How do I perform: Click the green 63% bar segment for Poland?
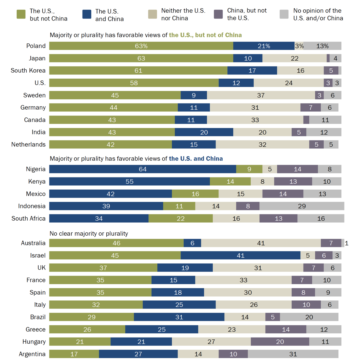(x=141, y=46)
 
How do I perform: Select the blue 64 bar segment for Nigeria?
(x=143, y=169)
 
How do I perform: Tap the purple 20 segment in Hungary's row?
(x=280, y=342)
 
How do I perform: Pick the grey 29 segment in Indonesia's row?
(x=302, y=206)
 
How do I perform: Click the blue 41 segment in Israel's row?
(x=240, y=255)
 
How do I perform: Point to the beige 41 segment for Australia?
(x=261, y=243)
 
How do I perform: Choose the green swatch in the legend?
(x=21, y=14)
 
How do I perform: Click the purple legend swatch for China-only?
(x=218, y=14)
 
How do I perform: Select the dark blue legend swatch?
(x=87, y=14)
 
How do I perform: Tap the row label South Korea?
(x=28, y=71)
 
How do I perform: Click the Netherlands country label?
(x=28, y=145)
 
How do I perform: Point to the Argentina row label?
(x=32, y=354)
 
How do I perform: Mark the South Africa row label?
(x=28, y=218)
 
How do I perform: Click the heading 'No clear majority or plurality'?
(x=89, y=234)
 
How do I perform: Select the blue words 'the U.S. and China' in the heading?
(x=196, y=159)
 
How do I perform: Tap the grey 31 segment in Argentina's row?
(x=293, y=354)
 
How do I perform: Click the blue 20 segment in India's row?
(x=204, y=132)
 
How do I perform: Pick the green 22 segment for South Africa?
(x=181, y=218)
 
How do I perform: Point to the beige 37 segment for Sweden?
(x=261, y=95)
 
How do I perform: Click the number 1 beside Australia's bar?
(x=346, y=243)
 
